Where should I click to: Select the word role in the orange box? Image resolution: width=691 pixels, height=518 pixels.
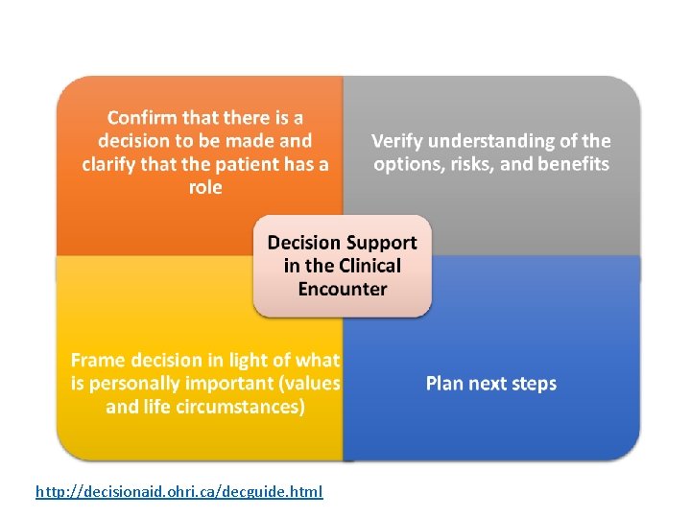[x=205, y=187]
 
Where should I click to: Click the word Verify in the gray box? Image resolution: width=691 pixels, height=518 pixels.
[x=398, y=141]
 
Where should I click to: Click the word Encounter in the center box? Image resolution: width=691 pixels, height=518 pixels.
[x=343, y=289]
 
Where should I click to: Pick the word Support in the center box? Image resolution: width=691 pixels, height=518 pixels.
[x=384, y=243]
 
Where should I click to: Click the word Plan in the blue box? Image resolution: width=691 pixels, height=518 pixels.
[x=444, y=384]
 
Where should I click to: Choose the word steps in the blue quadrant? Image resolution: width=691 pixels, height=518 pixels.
[x=530, y=384]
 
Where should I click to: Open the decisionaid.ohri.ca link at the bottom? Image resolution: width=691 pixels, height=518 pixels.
[x=179, y=492]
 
